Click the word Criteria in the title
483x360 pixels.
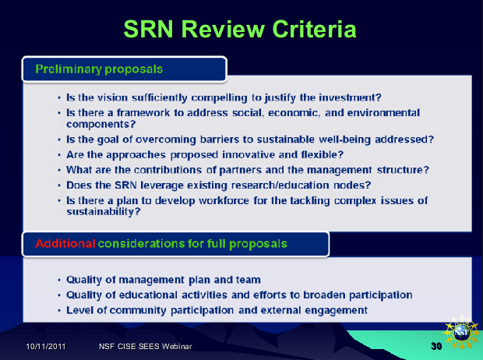pyautogui.click(x=314, y=29)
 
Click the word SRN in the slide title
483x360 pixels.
pyautogui.click(x=149, y=29)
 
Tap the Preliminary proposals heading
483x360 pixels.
pyautogui.click(x=99, y=69)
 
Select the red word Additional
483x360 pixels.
pyautogui.click(x=65, y=243)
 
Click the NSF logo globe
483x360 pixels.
pyautogui.click(x=461, y=333)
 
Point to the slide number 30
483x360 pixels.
pyautogui.click(x=436, y=347)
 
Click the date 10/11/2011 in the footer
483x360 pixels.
pyautogui.click(x=46, y=347)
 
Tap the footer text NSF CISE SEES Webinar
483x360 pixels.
pyautogui.click(x=146, y=347)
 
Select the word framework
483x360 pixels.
pyautogui.click(x=143, y=113)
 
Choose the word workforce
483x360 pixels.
pyautogui.click(x=224, y=201)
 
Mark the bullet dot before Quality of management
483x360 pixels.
pyautogui.click(x=59, y=281)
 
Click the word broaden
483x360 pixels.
pyautogui.click(x=324, y=295)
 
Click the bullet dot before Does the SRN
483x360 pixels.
pyautogui.click(x=59, y=185)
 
